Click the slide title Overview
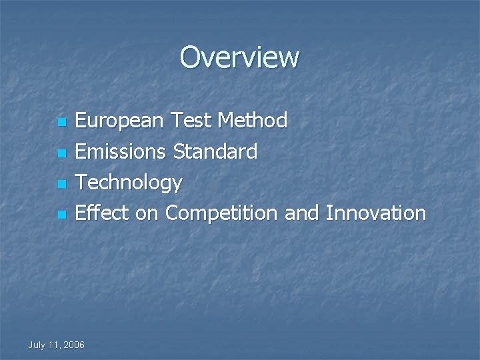239,57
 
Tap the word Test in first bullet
191,121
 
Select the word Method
253,121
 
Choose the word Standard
215,152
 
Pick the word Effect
102,213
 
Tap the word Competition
221,214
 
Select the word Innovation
375,213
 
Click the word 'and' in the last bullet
302,213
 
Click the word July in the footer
38,345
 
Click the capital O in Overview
190,57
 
